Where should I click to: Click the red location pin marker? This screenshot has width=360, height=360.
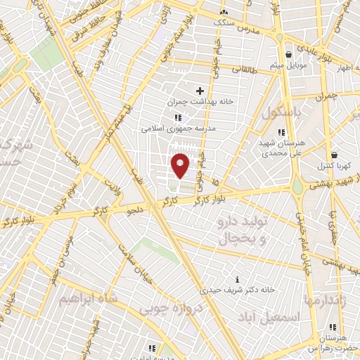(x=180, y=165)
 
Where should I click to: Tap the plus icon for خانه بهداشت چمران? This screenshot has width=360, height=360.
(x=200, y=90)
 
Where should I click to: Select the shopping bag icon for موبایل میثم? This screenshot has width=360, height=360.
(x=288, y=55)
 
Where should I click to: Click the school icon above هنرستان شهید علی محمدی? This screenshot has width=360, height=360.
(x=281, y=131)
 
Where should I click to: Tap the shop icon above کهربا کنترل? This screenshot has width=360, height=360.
(x=333, y=155)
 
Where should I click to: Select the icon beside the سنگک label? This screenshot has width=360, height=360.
(x=224, y=12)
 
